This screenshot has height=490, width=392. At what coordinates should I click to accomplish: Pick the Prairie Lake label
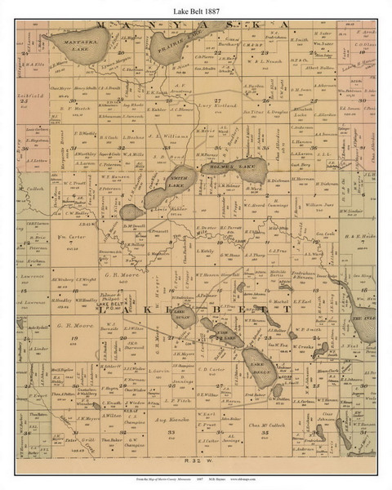point(194,57)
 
